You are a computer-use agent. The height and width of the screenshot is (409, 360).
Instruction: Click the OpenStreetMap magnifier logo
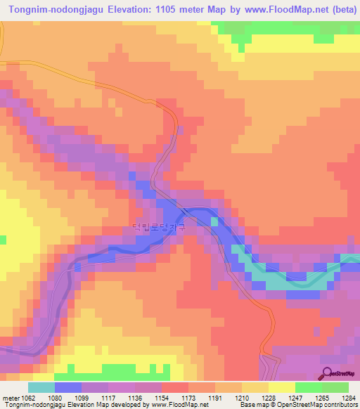pyautogui.click(x=328, y=373)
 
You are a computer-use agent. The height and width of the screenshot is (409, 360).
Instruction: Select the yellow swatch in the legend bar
pyautogui.click(x=282, y=387)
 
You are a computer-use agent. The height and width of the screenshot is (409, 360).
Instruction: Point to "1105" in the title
pyautogui.click(x=171, y=8)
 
